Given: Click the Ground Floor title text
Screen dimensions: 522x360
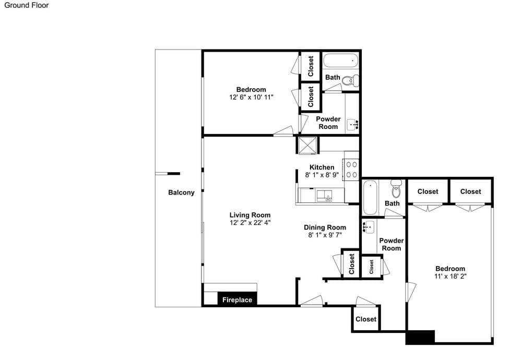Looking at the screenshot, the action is pos(26,5).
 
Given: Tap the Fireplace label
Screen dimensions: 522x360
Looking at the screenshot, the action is pos(237,300).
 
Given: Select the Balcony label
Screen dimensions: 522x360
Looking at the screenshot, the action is pos(181,193).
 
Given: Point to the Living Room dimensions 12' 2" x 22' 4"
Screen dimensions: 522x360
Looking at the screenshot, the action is pos(250,223).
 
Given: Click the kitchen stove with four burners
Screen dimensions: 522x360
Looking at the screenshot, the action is pos(351,170).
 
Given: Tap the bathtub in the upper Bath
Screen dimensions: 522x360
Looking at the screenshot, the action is pos(340,61).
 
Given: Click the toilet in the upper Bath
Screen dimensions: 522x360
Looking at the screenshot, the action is pos(351,80).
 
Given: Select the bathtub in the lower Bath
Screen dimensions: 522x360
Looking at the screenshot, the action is pos(370,198).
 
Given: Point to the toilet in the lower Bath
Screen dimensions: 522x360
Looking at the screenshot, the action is pos(396,189).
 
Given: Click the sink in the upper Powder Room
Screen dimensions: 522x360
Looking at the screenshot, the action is pos(352,125).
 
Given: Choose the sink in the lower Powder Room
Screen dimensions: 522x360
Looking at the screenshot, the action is pos(368,227).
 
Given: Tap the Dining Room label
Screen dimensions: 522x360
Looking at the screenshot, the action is pos(325,227).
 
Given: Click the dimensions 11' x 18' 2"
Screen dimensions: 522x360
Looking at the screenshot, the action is pos(450,276).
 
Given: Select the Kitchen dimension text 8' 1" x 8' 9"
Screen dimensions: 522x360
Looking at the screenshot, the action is pos(322,175).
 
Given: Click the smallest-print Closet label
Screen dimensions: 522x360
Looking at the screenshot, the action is pos(371,267).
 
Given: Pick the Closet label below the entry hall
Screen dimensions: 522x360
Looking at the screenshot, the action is pos(366,319).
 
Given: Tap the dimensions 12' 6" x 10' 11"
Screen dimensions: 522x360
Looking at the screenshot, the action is pos(251,97).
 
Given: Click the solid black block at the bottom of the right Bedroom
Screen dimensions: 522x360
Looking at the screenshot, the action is pos(420,337).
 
